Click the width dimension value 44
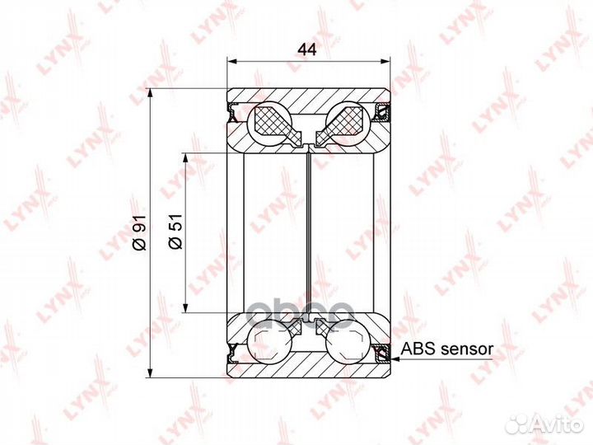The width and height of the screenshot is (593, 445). (x=307, y=49)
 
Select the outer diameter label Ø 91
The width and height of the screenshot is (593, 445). (x=139, y=232)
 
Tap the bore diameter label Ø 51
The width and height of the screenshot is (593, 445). (x=175, y=232)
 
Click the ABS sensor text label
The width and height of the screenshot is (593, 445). (x=447, y=349)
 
